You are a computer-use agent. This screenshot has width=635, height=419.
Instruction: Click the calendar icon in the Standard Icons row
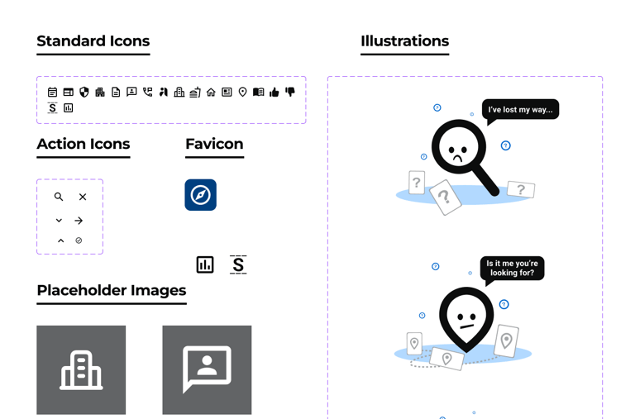pyautogui.click(x=52, y=93)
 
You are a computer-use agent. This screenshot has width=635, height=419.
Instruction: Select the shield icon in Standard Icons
pyautogui.click(x=84, y=93)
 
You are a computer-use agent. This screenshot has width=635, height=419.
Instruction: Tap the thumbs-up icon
pyautogui.click(x=275, y=93)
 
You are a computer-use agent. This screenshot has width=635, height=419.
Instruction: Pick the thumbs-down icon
pyautogui.click(x=290, y=92)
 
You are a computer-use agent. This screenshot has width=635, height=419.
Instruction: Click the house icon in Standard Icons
pyautogui.click(x=211, y=93)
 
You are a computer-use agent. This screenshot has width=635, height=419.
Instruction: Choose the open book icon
pyautogui.click(x=258, y=93)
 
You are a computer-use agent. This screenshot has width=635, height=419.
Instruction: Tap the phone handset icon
pyautogui.click(x=147, y=93)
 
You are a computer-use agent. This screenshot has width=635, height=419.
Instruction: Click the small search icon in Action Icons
pyautogui.click(x=59, y=197)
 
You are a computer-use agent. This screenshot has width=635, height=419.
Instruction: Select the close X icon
pyautogui.click(x=83, y=197)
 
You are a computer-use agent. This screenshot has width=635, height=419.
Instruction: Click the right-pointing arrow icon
pyautogui.click(x=79, y=221)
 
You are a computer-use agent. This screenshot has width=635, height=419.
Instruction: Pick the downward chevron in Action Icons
pyautogui.click(x=59, y=221)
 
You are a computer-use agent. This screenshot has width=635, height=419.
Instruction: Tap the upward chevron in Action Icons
pyautogui.click(x=60, y=240)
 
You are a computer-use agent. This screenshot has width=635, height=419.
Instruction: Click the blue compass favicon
pyautogui.click(x=200, y=195)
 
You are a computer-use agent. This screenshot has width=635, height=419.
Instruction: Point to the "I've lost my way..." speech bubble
pyautogui.click(x=520, y=109)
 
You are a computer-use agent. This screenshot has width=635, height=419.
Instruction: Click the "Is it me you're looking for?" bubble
pyautogui.click(x=512, y=268)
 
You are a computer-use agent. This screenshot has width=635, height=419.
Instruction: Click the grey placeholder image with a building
pyautogui.click(x=81, y=369)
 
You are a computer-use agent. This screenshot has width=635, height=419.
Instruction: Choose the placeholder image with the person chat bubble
pyautogui.click(x=207, y=369)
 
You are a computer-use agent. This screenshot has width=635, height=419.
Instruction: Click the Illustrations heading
pyautogui.click(x=404, y=41)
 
